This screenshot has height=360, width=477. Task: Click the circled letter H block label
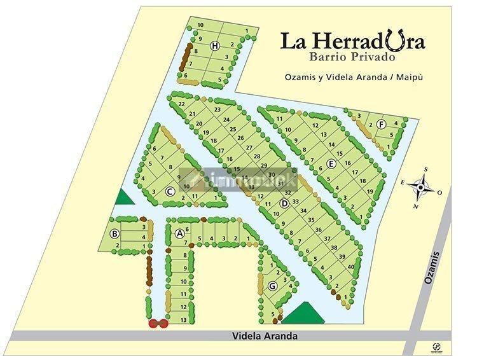coord(216,45)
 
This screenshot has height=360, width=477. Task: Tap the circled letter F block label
coord(381,124)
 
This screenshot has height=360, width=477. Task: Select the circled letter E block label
coord(331,163)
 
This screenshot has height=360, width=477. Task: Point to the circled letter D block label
coord(285,203)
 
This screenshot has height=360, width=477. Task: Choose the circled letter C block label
coord(170,191)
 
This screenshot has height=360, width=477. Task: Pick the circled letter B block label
coord(114,233)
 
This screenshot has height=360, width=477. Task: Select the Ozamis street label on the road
coord(434,268)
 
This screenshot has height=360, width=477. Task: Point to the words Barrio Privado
coord(353,57)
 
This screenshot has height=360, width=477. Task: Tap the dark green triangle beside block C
coord(125,197)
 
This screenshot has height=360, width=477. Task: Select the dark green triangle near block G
coord(300,313)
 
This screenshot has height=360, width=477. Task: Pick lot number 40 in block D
coord(350,267)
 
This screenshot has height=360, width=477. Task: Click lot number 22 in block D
coord(182,103)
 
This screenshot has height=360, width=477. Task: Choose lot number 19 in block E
coord(371,191)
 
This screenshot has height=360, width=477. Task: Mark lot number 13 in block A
coord(183,320)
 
